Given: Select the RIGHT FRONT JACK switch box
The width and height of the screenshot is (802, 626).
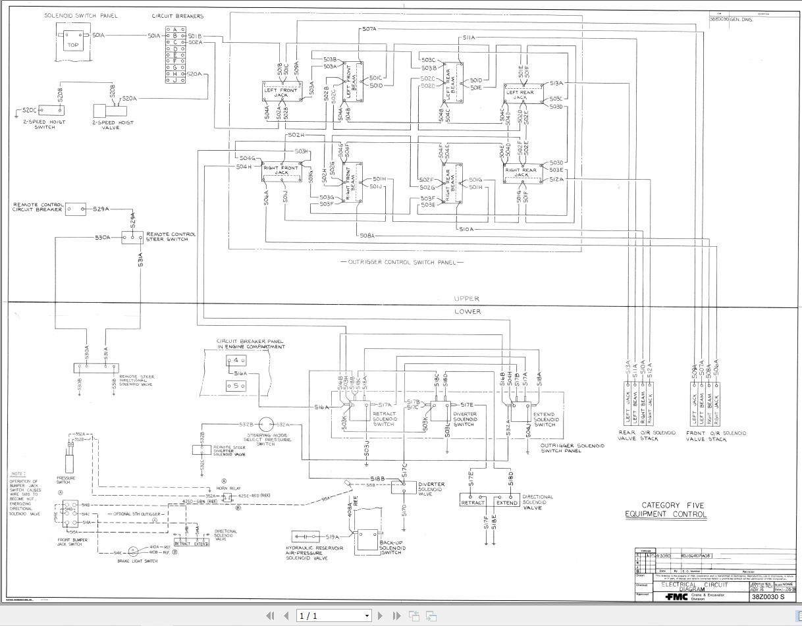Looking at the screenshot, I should pos(281,170).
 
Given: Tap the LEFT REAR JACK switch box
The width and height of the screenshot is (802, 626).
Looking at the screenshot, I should pos(521,93).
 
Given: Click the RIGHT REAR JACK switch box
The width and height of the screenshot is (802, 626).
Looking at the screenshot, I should pos(521,172).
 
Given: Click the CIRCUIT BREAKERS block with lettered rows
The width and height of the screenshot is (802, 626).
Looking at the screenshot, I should pos(176,54).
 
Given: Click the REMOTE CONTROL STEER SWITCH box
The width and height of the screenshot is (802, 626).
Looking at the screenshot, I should pos(132,237).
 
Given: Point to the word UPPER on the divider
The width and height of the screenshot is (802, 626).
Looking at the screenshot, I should pos(467,299).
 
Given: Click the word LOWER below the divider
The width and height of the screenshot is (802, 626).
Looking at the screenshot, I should pos(468,311).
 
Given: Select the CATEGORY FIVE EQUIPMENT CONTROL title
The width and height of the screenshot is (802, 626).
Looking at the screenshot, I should pos(665,510).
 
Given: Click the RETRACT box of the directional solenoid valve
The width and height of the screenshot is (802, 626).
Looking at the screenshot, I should pos(473,502).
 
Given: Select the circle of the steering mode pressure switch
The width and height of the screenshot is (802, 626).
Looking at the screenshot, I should pos(266,425).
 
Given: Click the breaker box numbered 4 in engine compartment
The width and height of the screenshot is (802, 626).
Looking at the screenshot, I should pos(236,360).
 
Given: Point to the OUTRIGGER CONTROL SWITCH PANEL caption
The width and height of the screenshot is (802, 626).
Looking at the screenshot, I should pos(402,262).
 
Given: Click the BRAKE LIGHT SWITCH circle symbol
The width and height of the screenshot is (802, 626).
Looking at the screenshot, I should pos(132,550).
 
